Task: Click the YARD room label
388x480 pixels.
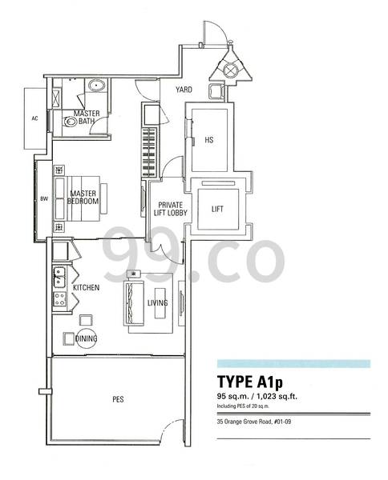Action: pos(184,90)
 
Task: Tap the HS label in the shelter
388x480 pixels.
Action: pos(209,140)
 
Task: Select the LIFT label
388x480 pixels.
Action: pos(217,209)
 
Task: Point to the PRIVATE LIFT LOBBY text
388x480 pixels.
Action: pos(171,209)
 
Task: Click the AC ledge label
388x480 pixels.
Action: pos(34,118)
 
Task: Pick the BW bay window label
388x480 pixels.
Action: pos(44,199)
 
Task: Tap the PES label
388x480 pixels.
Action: pos(118,399)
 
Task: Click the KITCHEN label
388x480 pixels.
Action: pos(87,287)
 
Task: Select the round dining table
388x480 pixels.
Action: pos(87,338)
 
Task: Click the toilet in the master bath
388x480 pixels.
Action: pos(71,122)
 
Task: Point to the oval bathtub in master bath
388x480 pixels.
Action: pos(96,85)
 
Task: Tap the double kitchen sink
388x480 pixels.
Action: pos(59,277)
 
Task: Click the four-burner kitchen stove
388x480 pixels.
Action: pos(59,299)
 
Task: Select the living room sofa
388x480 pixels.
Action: pos(133,303)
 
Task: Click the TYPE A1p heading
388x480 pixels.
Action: pos(250,382)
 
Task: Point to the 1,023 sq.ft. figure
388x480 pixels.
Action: pos(277,397)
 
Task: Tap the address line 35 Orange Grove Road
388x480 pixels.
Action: pos(254,422)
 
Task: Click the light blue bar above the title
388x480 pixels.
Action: pos(293,364)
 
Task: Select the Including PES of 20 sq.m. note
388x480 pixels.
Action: pos(243,406)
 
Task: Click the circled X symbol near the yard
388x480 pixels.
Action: pos(230,70)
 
